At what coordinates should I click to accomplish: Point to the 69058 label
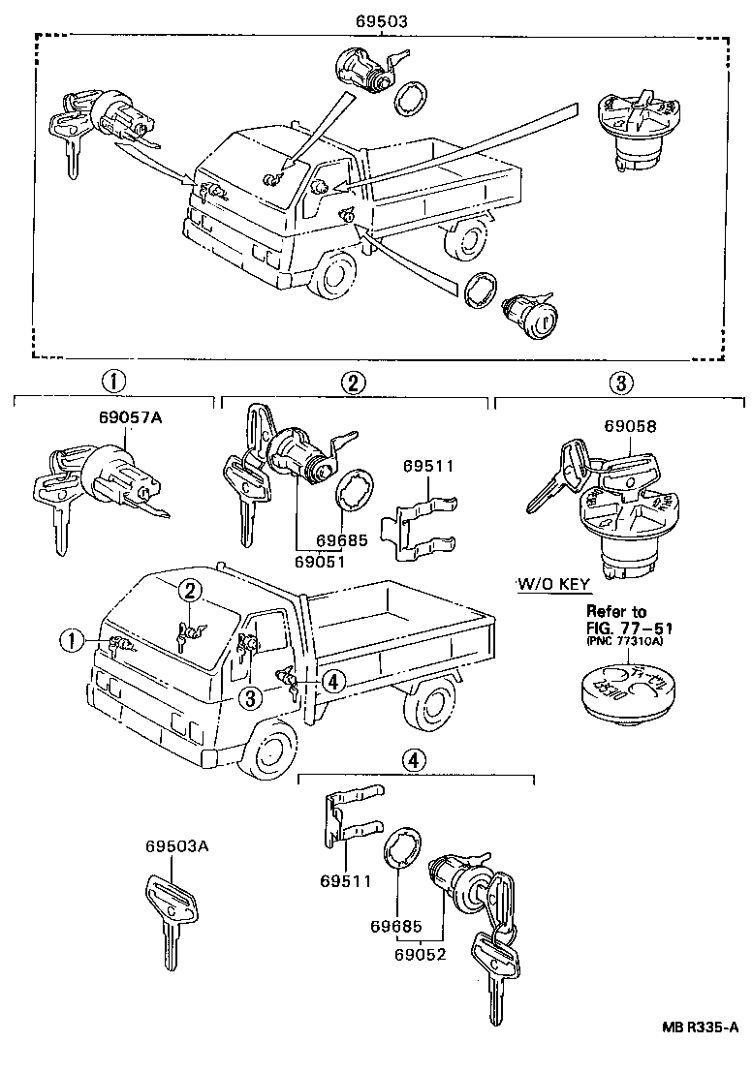pos(630,425)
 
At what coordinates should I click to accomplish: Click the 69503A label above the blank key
pos(177,846)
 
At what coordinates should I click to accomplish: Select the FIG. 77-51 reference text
pos(627,628)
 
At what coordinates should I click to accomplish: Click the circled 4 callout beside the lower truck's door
pos(331,682)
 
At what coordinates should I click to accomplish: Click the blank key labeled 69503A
pos(172,910)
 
